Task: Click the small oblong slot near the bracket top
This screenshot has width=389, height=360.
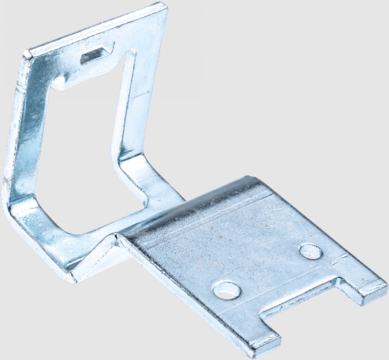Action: (97, 54)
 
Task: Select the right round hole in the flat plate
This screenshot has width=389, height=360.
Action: (310, 251)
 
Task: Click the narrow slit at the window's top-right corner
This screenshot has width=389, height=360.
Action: (130, 54)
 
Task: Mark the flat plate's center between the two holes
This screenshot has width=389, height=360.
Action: (267, 270)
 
